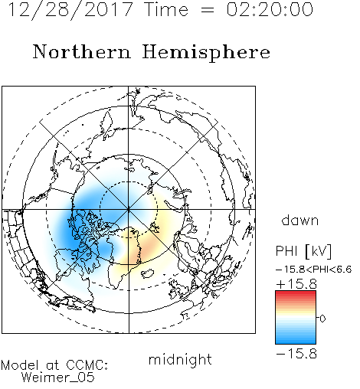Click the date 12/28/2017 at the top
click(70, 10)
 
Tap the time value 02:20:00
click(270, 9)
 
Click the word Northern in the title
click(82, 51)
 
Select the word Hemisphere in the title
click(206, 53)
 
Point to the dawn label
click(300, 221)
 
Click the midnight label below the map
click(180, 359)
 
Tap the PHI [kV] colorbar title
click(303, 251)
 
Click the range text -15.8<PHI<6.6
click(314, 269)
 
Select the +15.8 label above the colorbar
click(296, 284)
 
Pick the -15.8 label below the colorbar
click(296, 354)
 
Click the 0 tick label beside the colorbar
click(322, 319)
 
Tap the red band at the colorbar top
click(296, 293)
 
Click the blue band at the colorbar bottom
click(296, 341)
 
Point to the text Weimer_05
click(58, 378)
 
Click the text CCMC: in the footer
click(87, 365)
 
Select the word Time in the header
click(166, 10)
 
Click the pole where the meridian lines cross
click(129, 209)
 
